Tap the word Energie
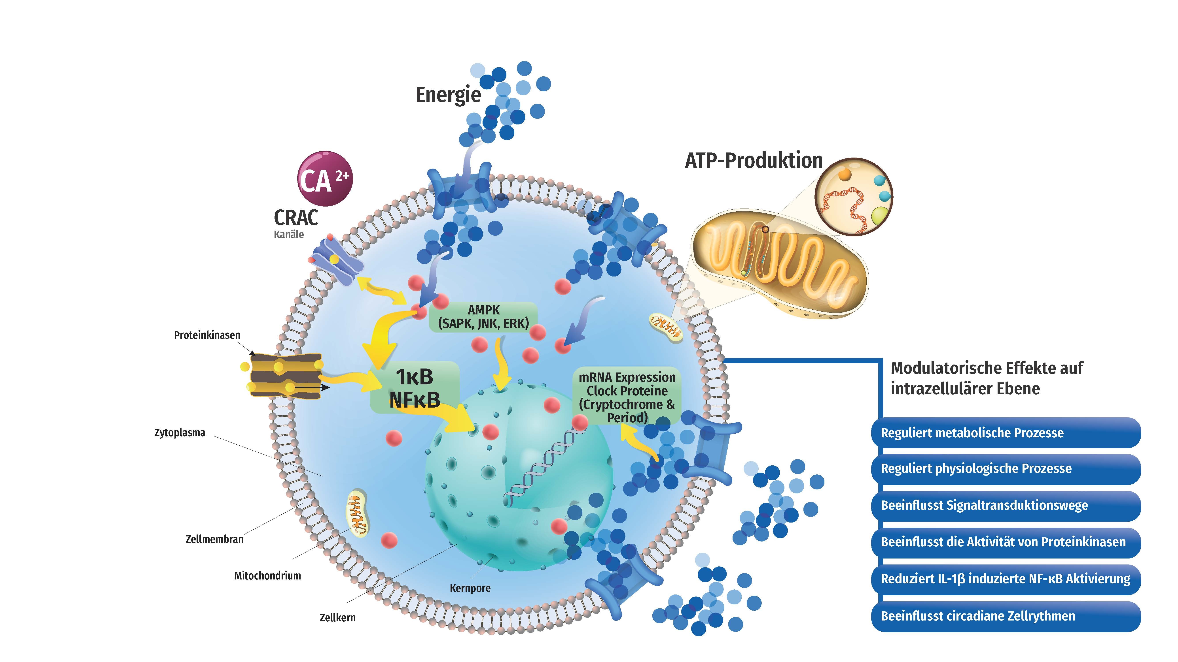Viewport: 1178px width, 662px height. coord(448,95)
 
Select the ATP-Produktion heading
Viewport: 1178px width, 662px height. coord(753,160)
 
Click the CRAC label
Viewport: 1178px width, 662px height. coord(295,218)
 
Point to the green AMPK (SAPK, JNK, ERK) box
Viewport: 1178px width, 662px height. coord(483,317)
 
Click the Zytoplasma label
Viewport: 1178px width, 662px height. coord(180,433)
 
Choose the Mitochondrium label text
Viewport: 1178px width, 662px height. coord(267,576)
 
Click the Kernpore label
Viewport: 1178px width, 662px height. coord(470,588)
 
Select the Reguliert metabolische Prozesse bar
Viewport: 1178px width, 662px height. coord(1005,433)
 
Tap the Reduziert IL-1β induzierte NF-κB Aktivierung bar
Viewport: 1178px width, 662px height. coord(1005,579)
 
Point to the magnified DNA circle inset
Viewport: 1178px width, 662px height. coord(854,196)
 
